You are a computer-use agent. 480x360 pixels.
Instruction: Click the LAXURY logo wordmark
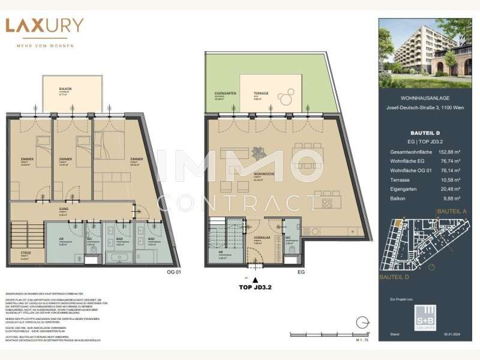click(44, 26)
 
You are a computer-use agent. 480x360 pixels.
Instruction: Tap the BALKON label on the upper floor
click(65, 89)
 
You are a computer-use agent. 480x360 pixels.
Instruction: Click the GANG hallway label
click(62, 209)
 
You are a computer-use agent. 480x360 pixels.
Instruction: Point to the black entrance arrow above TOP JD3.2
click(256, 280)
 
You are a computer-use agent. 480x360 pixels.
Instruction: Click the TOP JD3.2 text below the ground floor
click(256, 287)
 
